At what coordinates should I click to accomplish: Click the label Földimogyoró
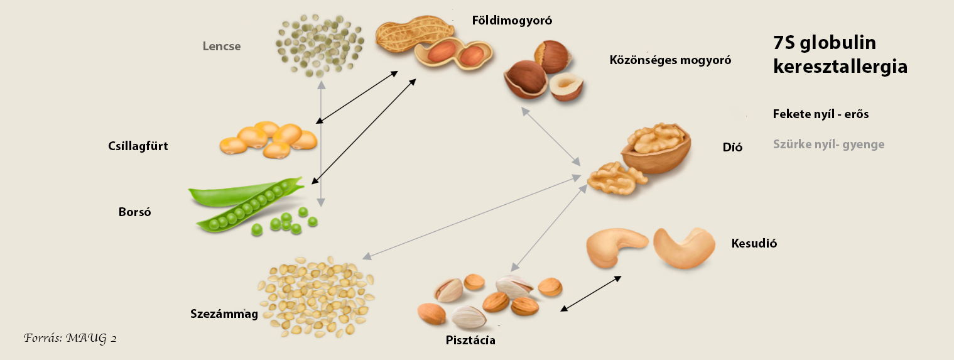511,21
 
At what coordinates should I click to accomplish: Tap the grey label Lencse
221,46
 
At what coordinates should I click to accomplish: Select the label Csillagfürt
138,146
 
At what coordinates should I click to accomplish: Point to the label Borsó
134,212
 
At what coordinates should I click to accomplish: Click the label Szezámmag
224,314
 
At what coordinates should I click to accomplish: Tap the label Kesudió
754,243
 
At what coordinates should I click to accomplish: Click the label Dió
732,148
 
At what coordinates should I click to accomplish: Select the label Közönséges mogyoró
670,60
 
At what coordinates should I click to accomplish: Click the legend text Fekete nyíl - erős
820,114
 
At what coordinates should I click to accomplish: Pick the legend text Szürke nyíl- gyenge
828,145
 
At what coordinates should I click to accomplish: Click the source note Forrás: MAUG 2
70,338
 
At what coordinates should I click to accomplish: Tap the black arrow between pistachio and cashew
591,293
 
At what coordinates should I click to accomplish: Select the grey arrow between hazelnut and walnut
550,136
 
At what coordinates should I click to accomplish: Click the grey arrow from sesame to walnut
471,217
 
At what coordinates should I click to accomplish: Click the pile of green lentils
320,45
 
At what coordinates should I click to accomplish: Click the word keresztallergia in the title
840,67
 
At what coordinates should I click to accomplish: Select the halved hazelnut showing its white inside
566,86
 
